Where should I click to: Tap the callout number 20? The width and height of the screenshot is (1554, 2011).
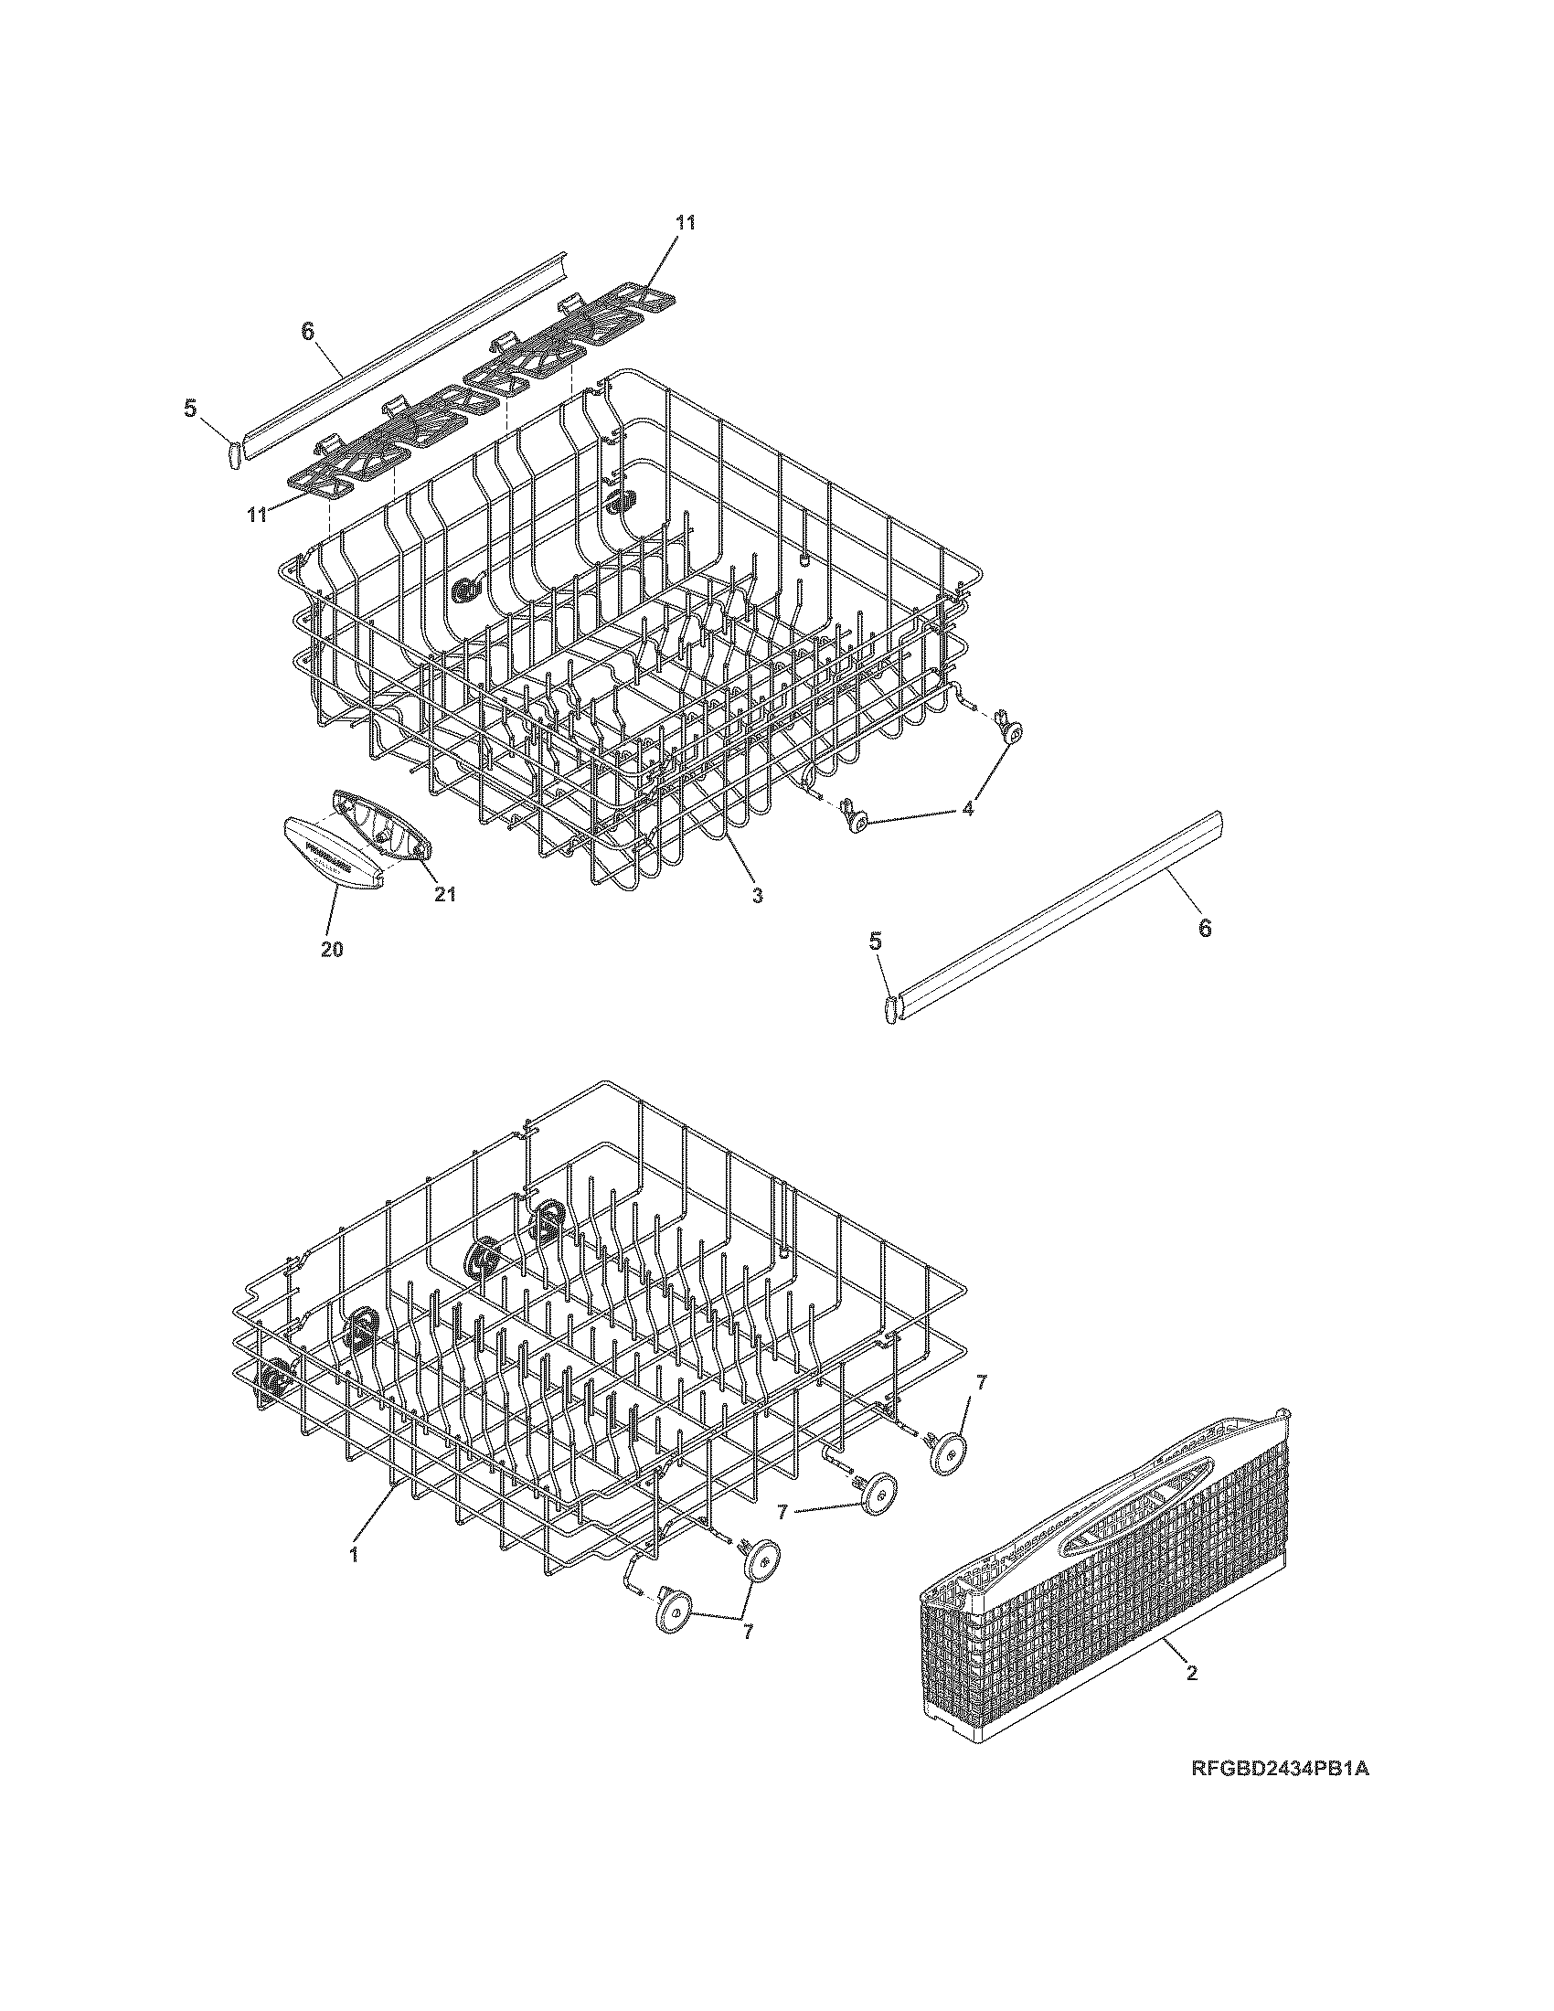point(333,950)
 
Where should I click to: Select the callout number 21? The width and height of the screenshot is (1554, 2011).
point(445,893)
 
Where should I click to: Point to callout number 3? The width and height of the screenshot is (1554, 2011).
point(757,893)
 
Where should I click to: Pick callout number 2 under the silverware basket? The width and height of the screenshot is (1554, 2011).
point(1191,1673)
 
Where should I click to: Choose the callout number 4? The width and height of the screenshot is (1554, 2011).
point(967,809)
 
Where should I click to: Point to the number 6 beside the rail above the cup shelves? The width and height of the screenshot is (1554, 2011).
point(307,333)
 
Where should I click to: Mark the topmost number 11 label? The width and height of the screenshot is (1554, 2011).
point(685,222)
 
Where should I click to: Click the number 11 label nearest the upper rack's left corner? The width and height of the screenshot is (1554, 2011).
point(257,514)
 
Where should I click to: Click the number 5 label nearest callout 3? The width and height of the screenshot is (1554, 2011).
point(876,940)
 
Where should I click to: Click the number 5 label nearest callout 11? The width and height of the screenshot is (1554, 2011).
point(190,408)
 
